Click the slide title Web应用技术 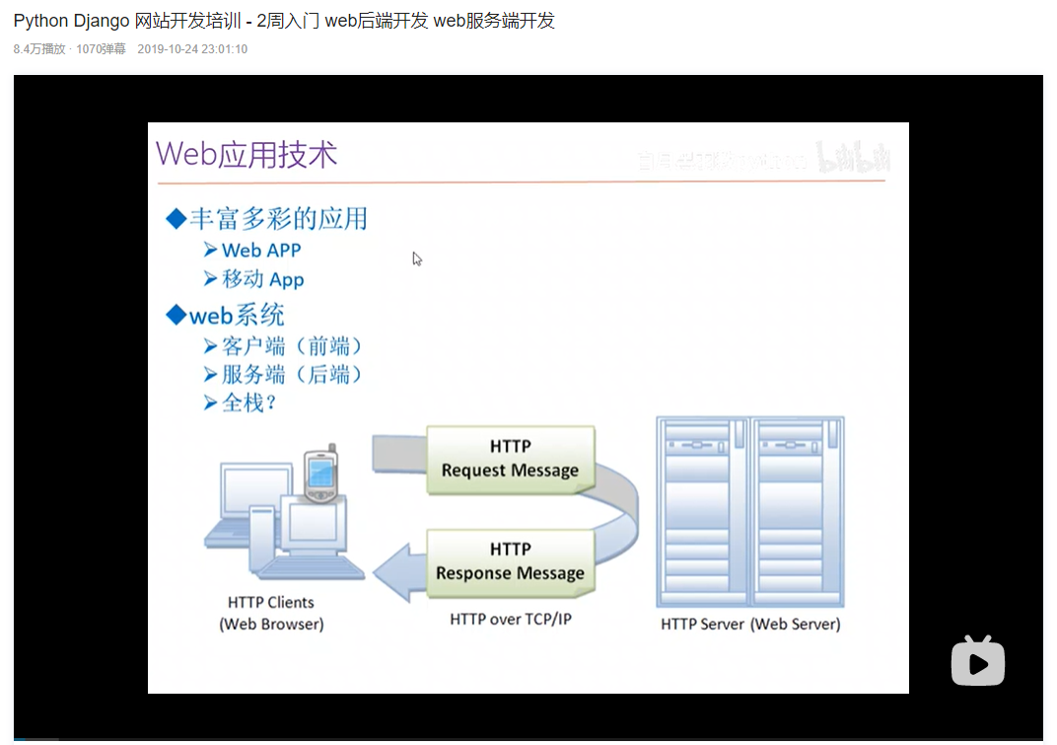pyautogui.click(x=247, y=154)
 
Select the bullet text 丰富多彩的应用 pyautogui.click(x=278, y=218)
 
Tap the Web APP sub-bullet pyautogui.click(x=261, y=251)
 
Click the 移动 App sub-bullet pyautogui.click(x=262, y=279)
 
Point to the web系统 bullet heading pyautogui.click(x=237, y=315)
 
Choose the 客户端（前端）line pyautogui.click(x=293, y=346)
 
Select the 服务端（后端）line pyautogui.click(x=293, y=375)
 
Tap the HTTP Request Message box pyautogui.click(x=510, y=459)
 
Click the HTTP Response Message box pyautogui.click(x=510, y=561)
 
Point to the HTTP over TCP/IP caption pyautogui.click(x=511, y=620)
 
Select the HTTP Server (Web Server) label pyautogui.click(x=750, y=624)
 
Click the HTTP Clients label pyautogui.click(x=271, y=602)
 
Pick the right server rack pyautogui.click(x=797, y=511)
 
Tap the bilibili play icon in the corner pyautogui.click(x=977, y=661)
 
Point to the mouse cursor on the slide pyautogui.click(x=417, y=259)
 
